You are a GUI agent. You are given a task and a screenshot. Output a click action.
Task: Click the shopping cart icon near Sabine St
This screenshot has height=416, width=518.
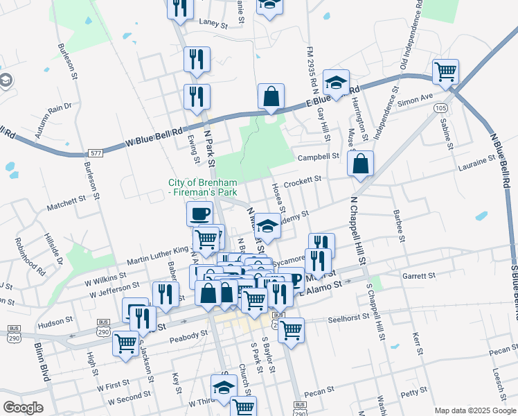(x=445, y=71)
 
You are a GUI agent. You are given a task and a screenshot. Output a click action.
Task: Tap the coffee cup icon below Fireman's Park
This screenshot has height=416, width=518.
(x=199, y=214)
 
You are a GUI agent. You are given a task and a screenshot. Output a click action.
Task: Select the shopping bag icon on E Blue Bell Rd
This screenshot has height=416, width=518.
(x=271, y=97)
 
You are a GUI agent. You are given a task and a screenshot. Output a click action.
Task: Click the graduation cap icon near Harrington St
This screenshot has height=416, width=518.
(x=337, y=84)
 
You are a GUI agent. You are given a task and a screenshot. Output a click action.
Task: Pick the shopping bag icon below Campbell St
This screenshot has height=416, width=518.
(x=361, y=164)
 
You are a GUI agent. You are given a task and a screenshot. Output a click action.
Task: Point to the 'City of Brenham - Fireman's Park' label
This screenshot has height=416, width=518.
(x=203, y=187)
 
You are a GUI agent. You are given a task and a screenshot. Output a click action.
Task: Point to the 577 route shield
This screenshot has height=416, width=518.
(x=96, y=153)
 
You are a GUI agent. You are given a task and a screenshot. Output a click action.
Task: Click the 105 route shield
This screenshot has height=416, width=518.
(x=441, y=108)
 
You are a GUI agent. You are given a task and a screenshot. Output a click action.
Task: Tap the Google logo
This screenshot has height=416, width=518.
(x=23, y=408)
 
